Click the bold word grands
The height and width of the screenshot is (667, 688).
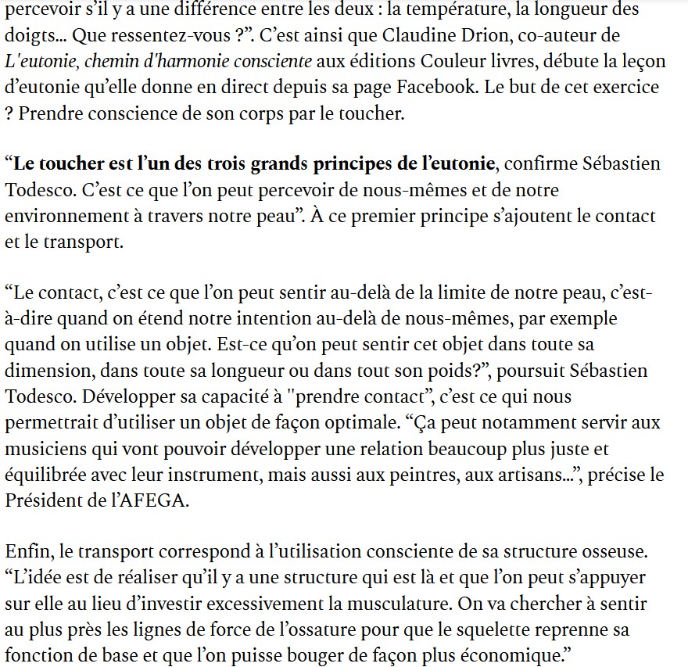pyautogui.click(x=271, y=164)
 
